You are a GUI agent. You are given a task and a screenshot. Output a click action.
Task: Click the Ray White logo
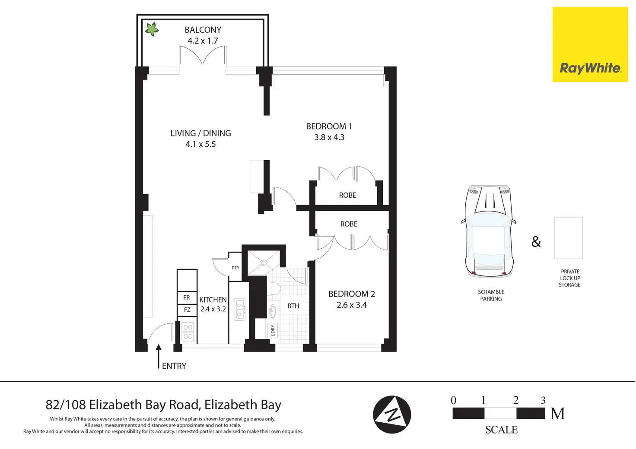[590, 44]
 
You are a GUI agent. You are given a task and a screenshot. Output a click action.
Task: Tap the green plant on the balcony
[152, 29]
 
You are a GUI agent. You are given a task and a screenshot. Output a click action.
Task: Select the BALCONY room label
[203, 30]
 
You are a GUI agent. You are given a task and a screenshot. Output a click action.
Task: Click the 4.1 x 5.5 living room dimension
[200, 144]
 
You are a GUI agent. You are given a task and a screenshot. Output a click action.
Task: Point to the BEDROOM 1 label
[329, 126]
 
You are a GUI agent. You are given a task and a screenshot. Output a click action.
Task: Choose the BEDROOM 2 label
[351, 294]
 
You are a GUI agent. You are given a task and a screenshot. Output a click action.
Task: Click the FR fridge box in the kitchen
[187, 297]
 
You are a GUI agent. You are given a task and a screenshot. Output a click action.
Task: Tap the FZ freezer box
[187, 310]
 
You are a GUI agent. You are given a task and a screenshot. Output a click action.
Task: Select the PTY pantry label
[235, 268]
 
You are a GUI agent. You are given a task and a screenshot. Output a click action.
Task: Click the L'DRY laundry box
[272, 331]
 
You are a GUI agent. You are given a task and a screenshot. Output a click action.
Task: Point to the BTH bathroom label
[293, 306]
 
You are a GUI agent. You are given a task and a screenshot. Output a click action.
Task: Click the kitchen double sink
[240, 309]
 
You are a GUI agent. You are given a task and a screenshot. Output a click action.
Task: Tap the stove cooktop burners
[188, 332]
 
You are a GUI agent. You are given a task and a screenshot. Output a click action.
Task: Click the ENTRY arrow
[159, 356]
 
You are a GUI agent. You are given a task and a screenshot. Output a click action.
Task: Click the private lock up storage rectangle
[569, 238]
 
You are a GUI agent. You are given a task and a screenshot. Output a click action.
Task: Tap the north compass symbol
[392, 414]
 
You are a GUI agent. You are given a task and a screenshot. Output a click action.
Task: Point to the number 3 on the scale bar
[543, 400]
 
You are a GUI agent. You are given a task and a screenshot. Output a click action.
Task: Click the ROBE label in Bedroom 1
[347, 195]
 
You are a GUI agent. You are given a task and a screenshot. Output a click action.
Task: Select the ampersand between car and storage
[536, 242]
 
